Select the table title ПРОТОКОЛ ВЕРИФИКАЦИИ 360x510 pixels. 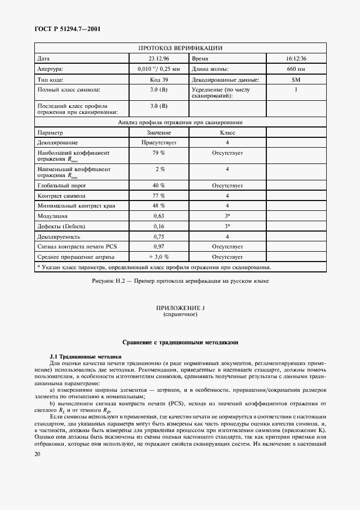pyautogui.click(x=180, y=48)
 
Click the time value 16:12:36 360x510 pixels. pyautogui.click(x=296, y=58)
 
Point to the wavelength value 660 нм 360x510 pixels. pyautogui.click(x=296, y=69)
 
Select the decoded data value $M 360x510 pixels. pyautogui.click(x=296, y=80)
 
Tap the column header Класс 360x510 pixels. pyautogui.click(x=227, y=132)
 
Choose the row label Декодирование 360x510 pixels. pyautogui.click(x=59, y=143)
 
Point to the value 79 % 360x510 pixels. pyautogui.click(x=159, y=153)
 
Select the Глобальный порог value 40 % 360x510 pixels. pyautogui.click(x=159, y=185)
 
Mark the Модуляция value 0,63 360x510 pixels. pyautogui.click(x=159, y=216)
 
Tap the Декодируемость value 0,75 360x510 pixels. pyautogui.click(x=159, y=236)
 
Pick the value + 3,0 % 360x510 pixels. pyautogui.click(x=159, y=257)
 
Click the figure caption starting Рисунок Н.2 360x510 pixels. pyautogui.click(x=180, y=281)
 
